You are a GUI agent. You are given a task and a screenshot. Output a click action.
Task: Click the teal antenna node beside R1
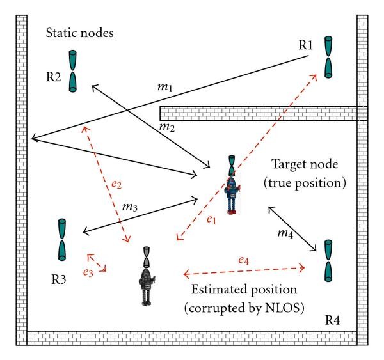point(328,56)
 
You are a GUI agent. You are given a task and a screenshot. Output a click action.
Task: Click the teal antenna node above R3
point(61,239)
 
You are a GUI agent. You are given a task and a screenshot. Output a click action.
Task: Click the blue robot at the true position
point(234,185)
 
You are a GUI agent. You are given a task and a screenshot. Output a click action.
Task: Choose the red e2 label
point(115,184)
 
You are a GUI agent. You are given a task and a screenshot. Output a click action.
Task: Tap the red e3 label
point(87,272)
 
